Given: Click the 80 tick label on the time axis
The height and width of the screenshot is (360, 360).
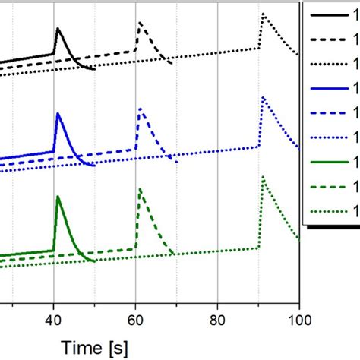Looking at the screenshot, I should [217, 321].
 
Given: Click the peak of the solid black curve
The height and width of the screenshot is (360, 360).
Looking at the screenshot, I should [58, 29].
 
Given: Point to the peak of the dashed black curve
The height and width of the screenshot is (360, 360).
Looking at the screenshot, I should [140, 24].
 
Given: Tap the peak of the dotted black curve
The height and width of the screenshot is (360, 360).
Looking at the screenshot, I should [263, 14].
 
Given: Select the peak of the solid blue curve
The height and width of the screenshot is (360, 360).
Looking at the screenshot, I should [59, 113].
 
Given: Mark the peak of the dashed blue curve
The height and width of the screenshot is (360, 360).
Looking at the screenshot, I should [141, 109].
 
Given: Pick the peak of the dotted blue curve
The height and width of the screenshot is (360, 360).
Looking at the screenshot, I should [263, 97].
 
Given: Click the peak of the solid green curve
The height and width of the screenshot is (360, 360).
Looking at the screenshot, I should [59, 196].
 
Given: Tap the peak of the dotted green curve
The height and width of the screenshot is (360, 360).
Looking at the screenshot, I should [264, 177].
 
